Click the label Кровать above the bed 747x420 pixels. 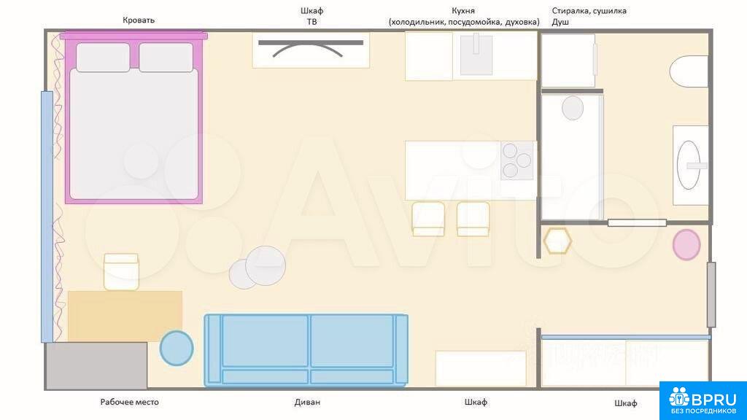tap(139, 20)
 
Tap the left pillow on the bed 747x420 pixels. tap(103, 58)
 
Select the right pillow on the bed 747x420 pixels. tap(166, 58)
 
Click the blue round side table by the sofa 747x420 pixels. tap(177, 348)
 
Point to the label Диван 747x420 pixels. tap(307, 402)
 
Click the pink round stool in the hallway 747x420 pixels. tap(686, 245)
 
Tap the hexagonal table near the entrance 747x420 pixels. tap(557, 241)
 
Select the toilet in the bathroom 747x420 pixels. tap(689, 72)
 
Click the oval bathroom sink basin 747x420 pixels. tap(689, 166)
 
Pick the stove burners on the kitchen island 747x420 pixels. tap(517, 161)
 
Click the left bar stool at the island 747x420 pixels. tap(428, 219)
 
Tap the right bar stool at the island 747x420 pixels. tap(473, 219)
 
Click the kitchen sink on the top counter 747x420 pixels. tap(476, 55)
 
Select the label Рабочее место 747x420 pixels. tap(130, 402)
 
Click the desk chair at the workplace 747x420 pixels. tap(122, 272)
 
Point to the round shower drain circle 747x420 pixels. tap(573, 108)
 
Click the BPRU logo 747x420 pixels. tap(703, 400)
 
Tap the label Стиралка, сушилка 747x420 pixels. tap(589, 11)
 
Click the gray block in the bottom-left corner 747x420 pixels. tap(97, 366)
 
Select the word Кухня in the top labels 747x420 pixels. tap(463, 10)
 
